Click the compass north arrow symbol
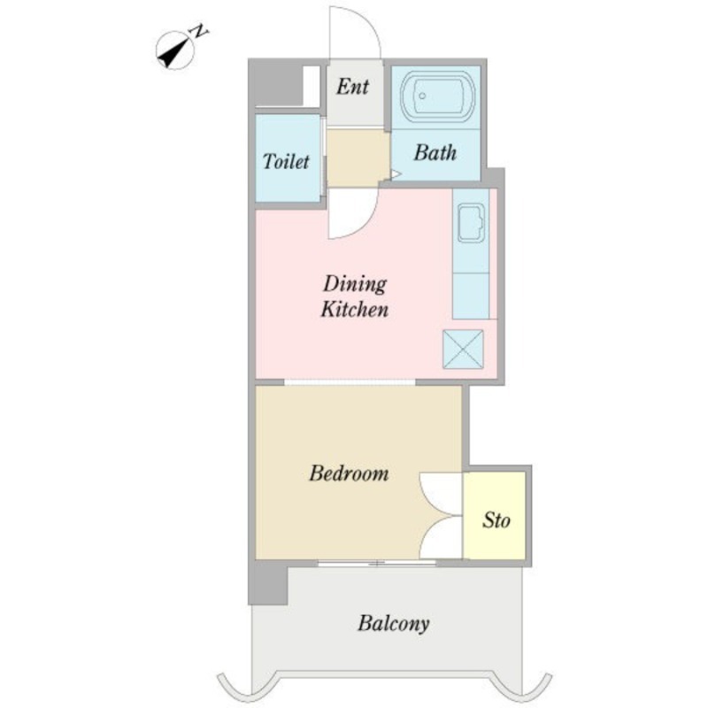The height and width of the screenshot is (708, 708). (x=174, y=50)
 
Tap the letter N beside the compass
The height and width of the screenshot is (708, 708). (x=198, y=32)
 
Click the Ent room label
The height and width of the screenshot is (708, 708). (x=352, y=86)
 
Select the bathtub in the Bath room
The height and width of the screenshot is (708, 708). (x=438, y=96)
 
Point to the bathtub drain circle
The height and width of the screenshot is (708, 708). (x=422, y=96)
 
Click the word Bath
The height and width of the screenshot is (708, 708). (x=435, y=152)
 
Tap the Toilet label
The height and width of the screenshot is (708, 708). (x=286, y=161)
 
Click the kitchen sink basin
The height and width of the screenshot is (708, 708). (x=471, y=222)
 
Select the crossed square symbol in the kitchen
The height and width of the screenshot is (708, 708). (x=463, y=349)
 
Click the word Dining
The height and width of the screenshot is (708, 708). (x=355, y=284)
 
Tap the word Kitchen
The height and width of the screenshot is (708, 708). (x=355, y=310)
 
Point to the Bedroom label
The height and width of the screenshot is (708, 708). (x=349, y=473)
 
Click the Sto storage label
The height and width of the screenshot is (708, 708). (x=496, y=520)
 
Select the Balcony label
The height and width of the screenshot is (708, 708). (x=393, y=624)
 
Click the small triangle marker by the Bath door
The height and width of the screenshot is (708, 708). (x=396, y=173)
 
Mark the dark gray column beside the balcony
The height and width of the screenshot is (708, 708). (x=268, y=586)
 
